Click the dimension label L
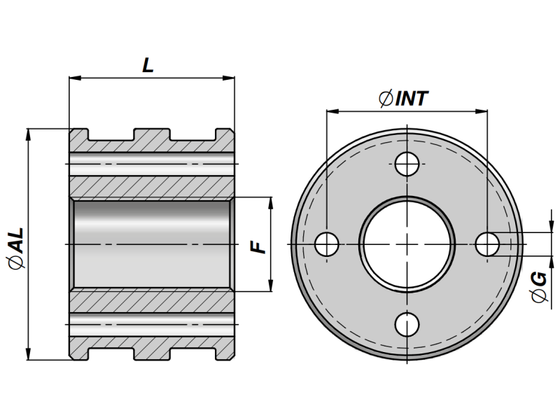tap(148, 65)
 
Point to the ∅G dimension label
tap(538, 288)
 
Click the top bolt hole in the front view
tap(407, 164)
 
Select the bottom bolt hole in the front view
tap(407, 324)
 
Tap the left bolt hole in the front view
tap(326, 244)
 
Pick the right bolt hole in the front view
tap(486, 244)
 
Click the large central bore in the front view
tap(407, 244)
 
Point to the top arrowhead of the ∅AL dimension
tap(28, 134)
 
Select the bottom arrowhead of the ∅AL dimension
tap(28, 355)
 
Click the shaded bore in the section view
tap(151, 244)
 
